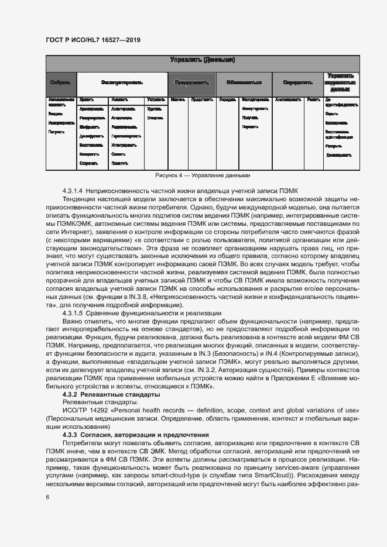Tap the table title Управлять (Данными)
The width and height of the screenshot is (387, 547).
pyautogui.click(x=203, y=60)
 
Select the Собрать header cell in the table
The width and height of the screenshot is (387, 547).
pyautogui.click(x=61, y=83)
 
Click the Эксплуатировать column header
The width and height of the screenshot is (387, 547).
pyautogui.click(x=122, y=83)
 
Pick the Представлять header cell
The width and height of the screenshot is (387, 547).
pyautogui.click(x=192, y=83)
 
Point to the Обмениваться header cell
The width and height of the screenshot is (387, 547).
pyautogui.click(x=244, y=83)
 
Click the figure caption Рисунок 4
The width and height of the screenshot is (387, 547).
pyautogui.click(x=203, y=175)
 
